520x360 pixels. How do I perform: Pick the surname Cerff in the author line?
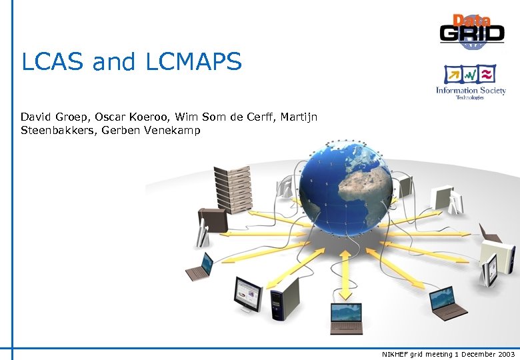[263, 117]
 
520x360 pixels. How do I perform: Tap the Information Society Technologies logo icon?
[471, 74]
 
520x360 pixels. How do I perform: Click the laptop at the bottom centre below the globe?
[347, 316]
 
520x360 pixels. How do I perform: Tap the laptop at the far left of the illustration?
[199, 267]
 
